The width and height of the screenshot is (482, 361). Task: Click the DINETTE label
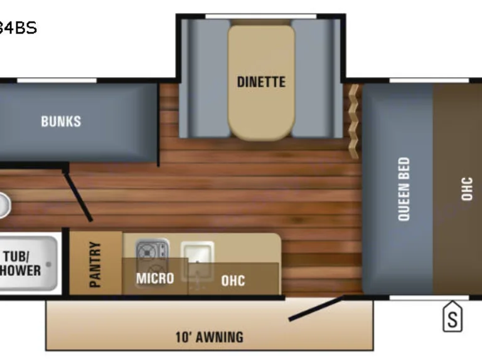point(261,81)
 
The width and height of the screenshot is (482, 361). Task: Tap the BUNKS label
point(61,121)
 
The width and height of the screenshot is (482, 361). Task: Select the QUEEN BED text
point(404,189)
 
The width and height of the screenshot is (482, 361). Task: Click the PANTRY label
point(95,264)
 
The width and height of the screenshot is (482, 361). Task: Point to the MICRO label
point(155,278)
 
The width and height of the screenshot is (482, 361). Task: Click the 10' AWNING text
point(210,337)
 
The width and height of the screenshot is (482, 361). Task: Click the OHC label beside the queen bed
point(466,189)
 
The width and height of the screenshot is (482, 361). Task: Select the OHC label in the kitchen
point(233,280)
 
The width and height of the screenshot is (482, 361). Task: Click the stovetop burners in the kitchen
point(153,251)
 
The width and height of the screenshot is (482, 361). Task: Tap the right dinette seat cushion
point(317,78)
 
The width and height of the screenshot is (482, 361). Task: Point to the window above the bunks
point(56,80)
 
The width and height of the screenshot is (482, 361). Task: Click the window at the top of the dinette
point(260,16)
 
